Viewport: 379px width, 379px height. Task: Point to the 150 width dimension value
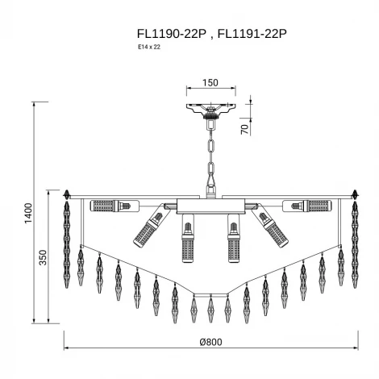click(x=210, y=82)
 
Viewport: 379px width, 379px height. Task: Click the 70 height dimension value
click(x=244, y=127)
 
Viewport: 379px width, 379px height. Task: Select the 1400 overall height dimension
click(x=28, y=214)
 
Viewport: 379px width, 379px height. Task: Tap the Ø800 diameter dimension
click(x=210, y=342)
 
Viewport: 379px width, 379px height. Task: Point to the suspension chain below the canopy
click(x=210, y=157)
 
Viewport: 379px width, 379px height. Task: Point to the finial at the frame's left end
click(x=68, y=194)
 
